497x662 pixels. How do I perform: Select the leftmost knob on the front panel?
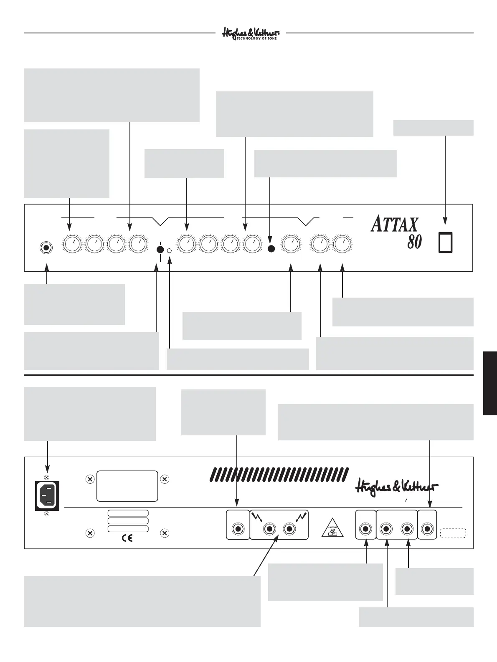73,244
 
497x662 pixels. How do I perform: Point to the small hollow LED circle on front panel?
170,250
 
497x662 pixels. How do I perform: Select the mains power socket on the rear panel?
47,495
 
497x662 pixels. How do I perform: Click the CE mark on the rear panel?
127,538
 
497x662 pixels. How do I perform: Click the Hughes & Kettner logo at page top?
250,33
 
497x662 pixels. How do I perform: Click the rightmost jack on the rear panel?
427,529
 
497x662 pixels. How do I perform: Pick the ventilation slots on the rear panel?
279,474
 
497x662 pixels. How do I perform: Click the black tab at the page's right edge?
490,383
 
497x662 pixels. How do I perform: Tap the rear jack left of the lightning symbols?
238,529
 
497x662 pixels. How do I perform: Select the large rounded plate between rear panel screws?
127,486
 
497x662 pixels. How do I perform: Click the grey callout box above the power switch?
434,128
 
